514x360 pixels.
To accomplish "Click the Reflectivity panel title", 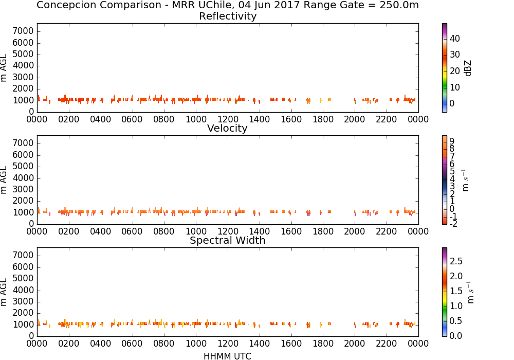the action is [x=228, y=16].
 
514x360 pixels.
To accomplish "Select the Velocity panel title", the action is [x=227, y=128].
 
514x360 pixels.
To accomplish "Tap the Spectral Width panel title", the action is [x=228, y=240].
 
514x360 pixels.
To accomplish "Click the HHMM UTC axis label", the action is [x=227, y=356].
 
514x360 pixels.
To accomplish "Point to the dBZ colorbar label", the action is [x=468, y=68].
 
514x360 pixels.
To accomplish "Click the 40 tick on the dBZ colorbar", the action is [x=455, y=39].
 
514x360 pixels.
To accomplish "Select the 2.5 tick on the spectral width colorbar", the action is [x=456, y=261].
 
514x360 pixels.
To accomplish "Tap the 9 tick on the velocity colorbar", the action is [x=452, y=141].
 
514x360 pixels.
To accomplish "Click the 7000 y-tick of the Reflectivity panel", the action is [x=23, y=31].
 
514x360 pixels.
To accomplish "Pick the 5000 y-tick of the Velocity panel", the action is [x=23, y=167].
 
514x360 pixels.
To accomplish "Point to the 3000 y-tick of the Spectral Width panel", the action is [x=23, y=302].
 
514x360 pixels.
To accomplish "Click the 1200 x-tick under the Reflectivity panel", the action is [x=228, y=119].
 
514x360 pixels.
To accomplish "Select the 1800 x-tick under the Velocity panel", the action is [x=323, y=231].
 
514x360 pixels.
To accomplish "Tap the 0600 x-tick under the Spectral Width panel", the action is [x=132, y=344].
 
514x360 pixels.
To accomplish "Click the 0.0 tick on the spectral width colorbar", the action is [x=456, y=336].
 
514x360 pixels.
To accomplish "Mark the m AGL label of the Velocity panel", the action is [x=4, y=180].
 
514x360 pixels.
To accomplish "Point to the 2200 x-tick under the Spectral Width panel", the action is [x=387, y=344].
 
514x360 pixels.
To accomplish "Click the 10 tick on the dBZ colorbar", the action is [x=455, y=87].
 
